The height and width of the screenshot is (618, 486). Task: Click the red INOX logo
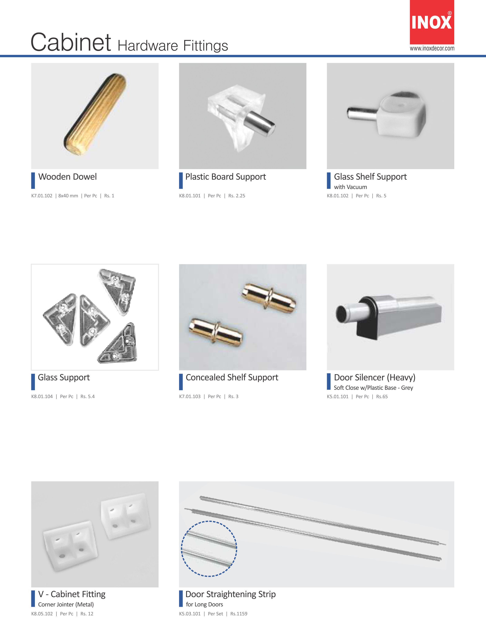(432, 22)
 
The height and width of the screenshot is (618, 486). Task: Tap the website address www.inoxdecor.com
(432, 48)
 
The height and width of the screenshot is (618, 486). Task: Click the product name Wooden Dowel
(67, 177)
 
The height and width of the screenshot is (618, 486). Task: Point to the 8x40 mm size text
(68, 196)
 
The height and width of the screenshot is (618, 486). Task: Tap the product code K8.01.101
(190, 196)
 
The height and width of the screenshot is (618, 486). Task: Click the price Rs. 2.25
(237, 196)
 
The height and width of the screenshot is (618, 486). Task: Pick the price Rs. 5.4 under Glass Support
(87, 396)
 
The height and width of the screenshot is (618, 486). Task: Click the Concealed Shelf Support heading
(232, 378)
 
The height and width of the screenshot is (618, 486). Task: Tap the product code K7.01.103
(190, 396)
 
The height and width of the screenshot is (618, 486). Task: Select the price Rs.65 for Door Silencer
(382, 396)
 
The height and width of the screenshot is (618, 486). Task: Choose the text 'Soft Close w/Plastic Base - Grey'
(373, 388)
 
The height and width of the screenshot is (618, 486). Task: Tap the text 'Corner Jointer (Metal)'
(66, 604)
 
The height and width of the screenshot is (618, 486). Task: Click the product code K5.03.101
(190, 614)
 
